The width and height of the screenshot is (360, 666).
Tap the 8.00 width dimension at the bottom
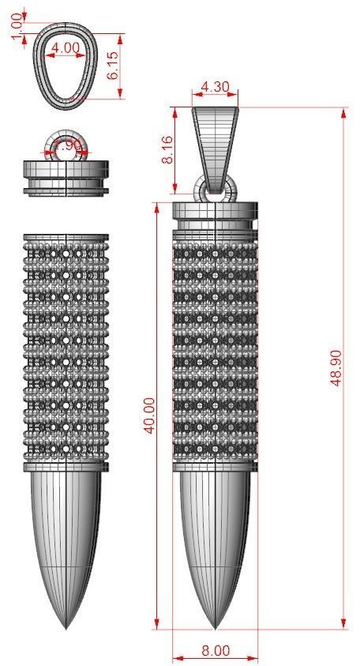pos(215,651)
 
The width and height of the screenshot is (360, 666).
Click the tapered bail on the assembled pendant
pos(215,146)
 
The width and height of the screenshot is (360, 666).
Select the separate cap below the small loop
pos(66,177)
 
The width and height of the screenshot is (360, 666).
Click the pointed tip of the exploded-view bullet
pos(66,626)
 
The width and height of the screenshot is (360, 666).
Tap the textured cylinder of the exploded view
pos(66,348)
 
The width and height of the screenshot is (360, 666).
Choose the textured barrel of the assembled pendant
pos(215,348)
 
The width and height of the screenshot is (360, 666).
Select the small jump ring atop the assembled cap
pos(215,189)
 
